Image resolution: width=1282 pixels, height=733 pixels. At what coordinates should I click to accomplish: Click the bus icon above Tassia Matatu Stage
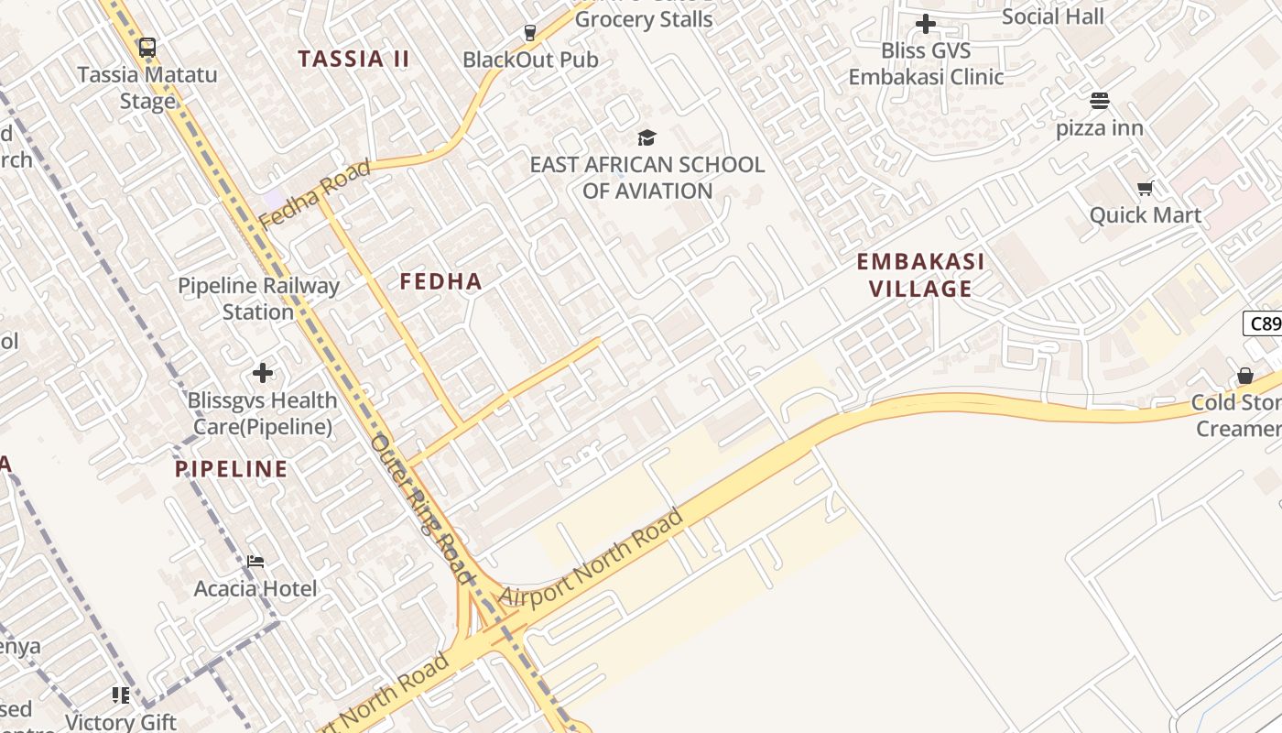147,48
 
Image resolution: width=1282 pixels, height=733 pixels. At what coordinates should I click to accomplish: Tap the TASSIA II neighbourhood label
353,59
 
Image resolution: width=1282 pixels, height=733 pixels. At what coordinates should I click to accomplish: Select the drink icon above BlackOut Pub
529,33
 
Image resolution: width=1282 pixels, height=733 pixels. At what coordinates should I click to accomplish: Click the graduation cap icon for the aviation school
647,138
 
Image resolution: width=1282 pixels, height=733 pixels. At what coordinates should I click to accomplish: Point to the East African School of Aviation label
647,178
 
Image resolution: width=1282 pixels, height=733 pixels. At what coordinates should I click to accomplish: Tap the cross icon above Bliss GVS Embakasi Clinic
926,24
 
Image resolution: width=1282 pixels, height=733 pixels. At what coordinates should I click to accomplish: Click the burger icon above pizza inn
1100,101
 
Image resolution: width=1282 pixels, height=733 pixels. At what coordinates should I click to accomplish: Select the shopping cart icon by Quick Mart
1145,189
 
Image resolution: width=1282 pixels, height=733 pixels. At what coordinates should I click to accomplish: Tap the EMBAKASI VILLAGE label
920,275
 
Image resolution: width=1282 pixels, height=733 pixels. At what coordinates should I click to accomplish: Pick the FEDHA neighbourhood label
440,281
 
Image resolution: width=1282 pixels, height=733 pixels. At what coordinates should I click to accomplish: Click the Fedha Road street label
314,194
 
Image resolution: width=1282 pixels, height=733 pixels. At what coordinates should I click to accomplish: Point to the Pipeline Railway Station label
258,299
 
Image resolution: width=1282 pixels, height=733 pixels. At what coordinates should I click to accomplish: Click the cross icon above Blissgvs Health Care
263,373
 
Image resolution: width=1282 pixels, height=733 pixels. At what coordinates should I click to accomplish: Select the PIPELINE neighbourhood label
232,469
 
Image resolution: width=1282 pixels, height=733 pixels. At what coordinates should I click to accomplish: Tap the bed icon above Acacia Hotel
255,561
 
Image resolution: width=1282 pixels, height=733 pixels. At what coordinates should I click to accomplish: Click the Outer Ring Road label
422,509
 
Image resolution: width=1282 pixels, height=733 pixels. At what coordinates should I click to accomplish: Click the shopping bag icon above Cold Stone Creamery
1245,376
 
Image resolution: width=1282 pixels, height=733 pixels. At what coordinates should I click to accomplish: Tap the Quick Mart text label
1145,215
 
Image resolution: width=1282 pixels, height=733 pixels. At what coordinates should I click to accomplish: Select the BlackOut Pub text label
530,60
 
